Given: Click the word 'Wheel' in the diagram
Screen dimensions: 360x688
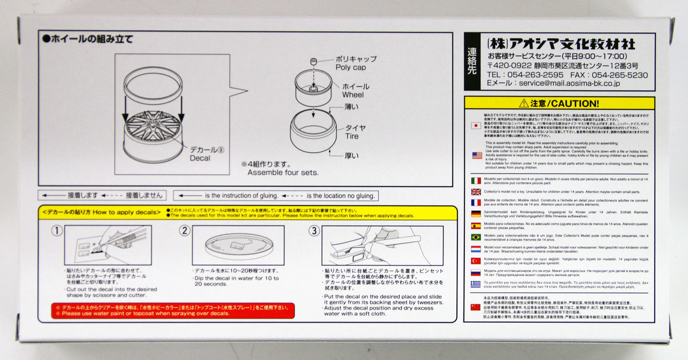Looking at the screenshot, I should point(353,95).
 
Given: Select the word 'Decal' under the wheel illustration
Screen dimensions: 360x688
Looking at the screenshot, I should point(199,158).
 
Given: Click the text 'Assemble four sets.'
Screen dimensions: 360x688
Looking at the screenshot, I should point(283,172).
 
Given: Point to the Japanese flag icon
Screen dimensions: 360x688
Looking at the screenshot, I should point(476,125).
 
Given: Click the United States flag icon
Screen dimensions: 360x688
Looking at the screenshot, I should point(477,155).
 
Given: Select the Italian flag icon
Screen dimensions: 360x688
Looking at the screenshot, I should point(476,181).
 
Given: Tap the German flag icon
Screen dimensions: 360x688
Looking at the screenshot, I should point(476,214).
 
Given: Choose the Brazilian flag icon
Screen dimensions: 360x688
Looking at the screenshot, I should point(476,237).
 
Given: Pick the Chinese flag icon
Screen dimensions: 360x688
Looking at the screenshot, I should point(476,307).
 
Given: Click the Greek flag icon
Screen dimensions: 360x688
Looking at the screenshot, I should point(476,284).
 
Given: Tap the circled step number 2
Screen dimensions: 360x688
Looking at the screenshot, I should point(184,231).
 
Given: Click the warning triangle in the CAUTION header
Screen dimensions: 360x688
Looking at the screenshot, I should point(524,103).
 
